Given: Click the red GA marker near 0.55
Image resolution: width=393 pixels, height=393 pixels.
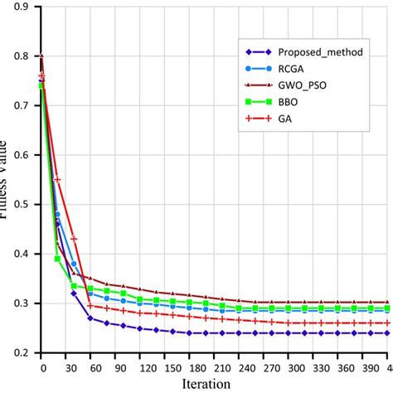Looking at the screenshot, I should point(57,179).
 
